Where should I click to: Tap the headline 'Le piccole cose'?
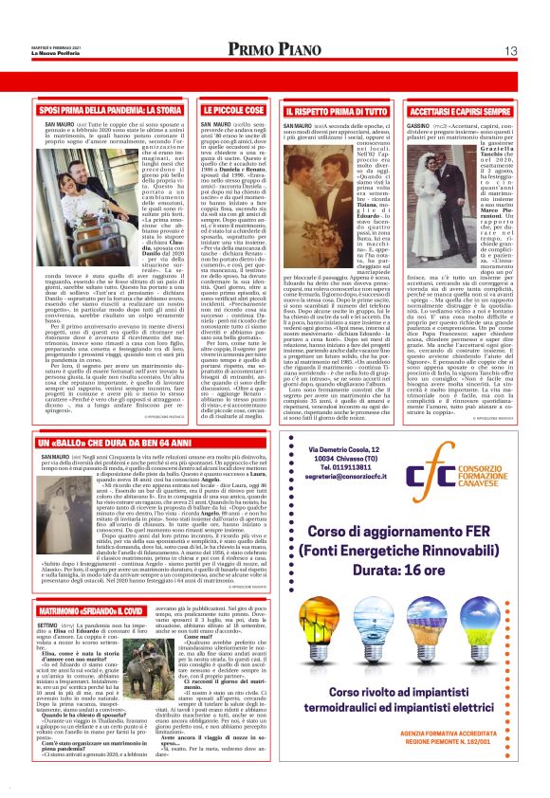pos(227,112)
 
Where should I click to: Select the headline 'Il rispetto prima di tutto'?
pos(323,112)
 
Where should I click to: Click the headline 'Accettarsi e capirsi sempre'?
pos(458,112)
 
